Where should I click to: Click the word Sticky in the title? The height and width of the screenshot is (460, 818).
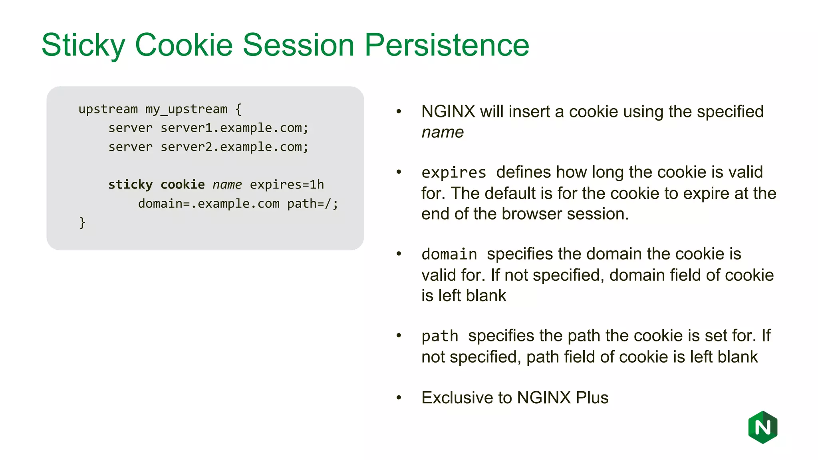coord(83,45)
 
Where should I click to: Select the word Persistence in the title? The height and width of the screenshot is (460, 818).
coord(447,45)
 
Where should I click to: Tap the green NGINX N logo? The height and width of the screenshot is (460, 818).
coord(762,427)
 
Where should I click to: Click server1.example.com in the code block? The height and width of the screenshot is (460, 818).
coord(234,128)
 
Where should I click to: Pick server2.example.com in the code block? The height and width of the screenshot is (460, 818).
coord(234,147)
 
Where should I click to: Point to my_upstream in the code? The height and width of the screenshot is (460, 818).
coord(186,109)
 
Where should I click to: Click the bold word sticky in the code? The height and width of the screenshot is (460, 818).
coord(130,184)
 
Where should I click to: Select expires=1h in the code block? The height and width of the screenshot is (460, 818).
coord(287,184)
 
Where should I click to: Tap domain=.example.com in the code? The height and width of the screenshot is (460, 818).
coord(208,204)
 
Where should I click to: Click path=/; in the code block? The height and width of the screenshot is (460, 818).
coord(312,204)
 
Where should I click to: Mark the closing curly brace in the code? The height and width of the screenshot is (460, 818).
coord(82,222)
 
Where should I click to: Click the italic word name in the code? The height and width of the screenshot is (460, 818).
coord(227,184)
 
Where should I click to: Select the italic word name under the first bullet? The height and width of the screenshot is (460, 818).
coord(443,133)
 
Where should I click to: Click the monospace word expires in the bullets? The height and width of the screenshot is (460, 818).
coord(454,172)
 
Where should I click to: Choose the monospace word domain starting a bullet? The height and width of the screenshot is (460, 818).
coord(449,254)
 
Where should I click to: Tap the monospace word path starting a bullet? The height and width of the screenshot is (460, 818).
coord(440,336)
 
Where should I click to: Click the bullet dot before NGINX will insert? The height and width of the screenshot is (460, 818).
coord(399,111)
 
